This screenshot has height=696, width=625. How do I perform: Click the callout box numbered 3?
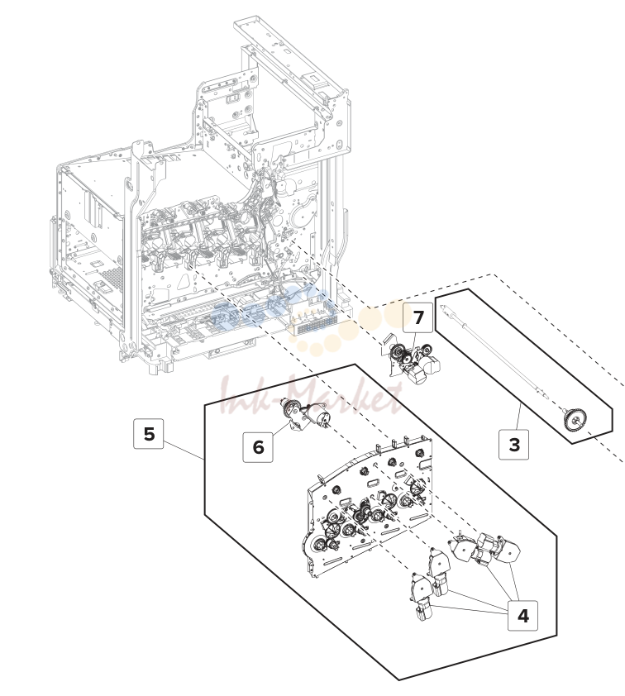[x=513, y=444]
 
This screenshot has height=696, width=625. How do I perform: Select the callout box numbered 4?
[x=523, y=615]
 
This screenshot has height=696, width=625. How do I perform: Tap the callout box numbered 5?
[x=149, y=433]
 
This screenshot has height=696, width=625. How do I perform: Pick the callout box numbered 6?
[x=258, y=447]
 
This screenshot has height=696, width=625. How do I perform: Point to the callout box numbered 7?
[x=418, y=317]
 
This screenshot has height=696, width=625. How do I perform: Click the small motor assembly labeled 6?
[x=306, y=413]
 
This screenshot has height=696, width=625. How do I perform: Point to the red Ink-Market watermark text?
[x=311, y=395]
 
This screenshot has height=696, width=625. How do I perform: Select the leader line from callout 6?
[x=280, y=429]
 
